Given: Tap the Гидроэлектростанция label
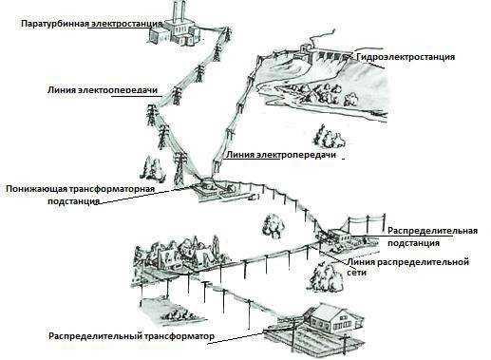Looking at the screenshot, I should click(406, 57).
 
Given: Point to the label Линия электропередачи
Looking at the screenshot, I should click(282, 154).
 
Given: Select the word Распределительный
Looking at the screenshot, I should click(89, 336).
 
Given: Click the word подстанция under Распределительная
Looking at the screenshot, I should click(413, 243).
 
